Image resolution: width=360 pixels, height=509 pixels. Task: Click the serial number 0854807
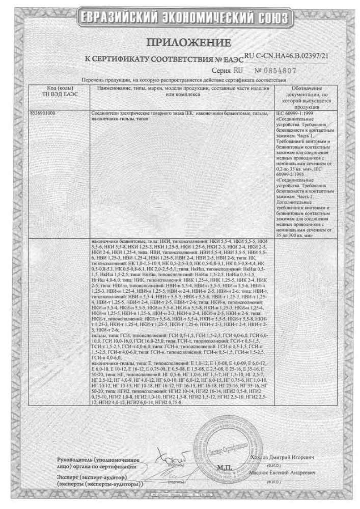pos(274,70)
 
